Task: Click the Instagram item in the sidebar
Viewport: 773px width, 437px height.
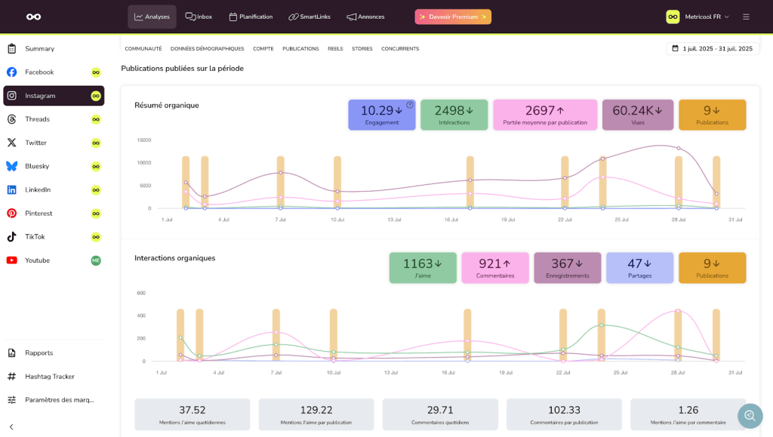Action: (x=40, y=96)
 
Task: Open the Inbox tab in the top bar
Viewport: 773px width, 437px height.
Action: (x=199, y=17)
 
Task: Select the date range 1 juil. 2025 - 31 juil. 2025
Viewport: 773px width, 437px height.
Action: (x=712, y=48)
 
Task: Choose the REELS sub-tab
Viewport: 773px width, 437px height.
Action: (x=335, y=49)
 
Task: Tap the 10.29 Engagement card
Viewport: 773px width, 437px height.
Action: (x=381, y=115)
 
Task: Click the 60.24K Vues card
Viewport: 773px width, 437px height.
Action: (x=637, y=115)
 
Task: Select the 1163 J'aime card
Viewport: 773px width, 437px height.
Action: (x=423, y=268)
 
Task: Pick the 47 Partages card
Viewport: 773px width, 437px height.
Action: (x=639, y=268)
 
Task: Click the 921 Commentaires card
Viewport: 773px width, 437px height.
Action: (x=495, y=268)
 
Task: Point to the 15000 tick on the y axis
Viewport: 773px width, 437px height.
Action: (x=143, y=140)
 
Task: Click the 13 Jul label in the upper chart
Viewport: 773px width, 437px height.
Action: (x=394, y=220)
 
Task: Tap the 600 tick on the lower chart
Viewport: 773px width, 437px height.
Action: (x=140, y=293)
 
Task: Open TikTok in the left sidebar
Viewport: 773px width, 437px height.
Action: (x=35, y=237)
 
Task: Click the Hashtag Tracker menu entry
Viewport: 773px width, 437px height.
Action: (x=49, y=377)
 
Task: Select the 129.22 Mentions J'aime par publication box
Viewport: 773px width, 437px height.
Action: (x=316, y=414)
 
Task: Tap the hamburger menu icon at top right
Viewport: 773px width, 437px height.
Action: (x=746, y=17)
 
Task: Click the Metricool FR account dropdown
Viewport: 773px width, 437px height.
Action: (x=698, y=17)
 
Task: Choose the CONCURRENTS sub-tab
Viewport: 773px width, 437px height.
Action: (x=400, y=49)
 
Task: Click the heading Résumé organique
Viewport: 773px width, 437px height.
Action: (x=167, y=105)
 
